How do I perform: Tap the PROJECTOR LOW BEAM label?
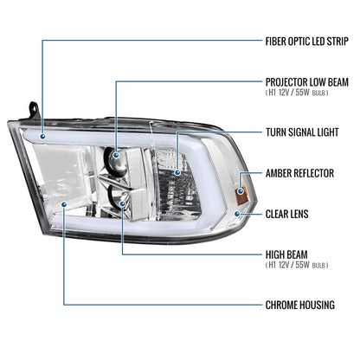click(x=306, y=81)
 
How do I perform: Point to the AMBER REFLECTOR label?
click(x=299, y=174)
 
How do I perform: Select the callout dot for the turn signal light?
click(x=179, y=173)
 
